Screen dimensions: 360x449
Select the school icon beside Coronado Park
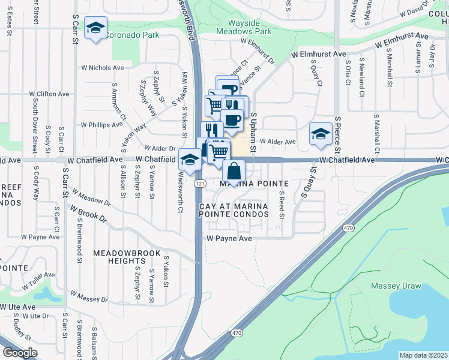[95, 29]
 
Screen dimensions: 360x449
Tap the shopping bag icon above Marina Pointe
[234, 171]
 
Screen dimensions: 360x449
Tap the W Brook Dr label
[87, 215]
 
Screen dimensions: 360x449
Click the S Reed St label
[281, 205]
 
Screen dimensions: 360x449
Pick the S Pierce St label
[339, 134]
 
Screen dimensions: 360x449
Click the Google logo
[20, 353]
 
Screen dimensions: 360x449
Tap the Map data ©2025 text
[423, 355]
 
